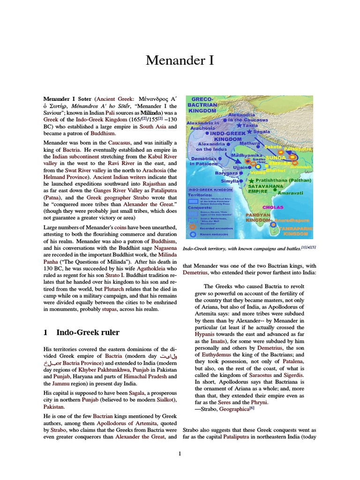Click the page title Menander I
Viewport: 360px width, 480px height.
180,60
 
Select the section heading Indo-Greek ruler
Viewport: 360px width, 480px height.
88,332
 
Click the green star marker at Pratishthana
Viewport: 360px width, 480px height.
252,180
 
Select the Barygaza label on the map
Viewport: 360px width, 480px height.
226,173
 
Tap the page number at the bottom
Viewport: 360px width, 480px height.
180,453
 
